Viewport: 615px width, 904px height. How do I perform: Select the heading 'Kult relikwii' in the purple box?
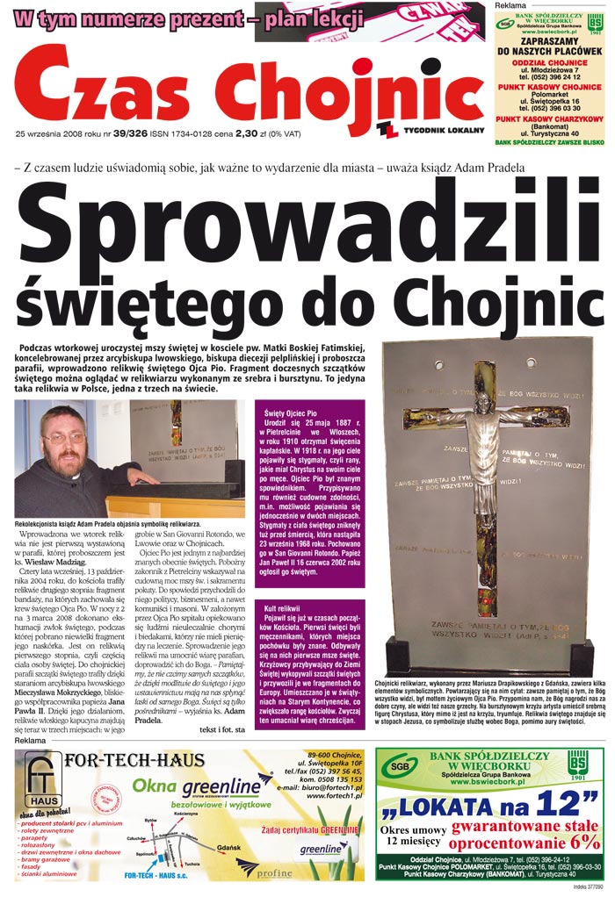tap(282, 608)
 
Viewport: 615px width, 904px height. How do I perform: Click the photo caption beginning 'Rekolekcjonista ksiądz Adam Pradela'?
tap(108, 524)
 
